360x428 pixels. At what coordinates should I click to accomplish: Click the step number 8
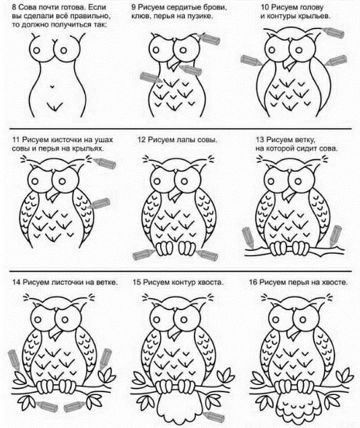click(13, 7)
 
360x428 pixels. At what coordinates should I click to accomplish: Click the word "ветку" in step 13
click(305, 140)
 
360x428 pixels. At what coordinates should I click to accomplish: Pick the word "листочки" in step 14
click(71, 282)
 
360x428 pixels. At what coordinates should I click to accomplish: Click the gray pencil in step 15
click(214, 417)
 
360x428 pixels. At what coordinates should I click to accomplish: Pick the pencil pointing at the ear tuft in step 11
click(104, 163)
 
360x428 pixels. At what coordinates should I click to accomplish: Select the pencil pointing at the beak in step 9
click(190, 69)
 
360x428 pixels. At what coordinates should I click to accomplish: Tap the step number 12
click(141, 140)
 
